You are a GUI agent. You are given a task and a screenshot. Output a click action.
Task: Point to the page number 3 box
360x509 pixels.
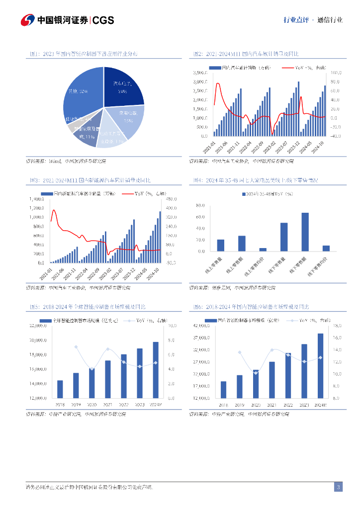point(338,487)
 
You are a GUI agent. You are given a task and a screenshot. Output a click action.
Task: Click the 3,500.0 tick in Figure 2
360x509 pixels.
point(200,73)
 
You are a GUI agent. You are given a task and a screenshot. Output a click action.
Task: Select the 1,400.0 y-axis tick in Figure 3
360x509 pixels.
point(37,199)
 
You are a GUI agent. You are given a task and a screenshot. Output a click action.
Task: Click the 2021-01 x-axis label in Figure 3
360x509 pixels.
point(46,274)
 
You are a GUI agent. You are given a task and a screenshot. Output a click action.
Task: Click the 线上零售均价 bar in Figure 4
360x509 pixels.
point(263,250)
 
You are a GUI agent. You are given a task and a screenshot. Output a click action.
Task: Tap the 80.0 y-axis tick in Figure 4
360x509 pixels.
point(200,205)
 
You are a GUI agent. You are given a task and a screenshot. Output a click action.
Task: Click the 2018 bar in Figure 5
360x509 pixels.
point(60,389)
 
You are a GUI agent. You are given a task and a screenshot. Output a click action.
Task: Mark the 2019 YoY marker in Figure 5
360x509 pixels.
point(76,346)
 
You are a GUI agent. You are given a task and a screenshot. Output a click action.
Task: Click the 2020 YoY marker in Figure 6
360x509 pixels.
point(256,372)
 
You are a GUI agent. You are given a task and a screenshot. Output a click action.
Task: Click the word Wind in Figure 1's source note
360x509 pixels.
point(54,161)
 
